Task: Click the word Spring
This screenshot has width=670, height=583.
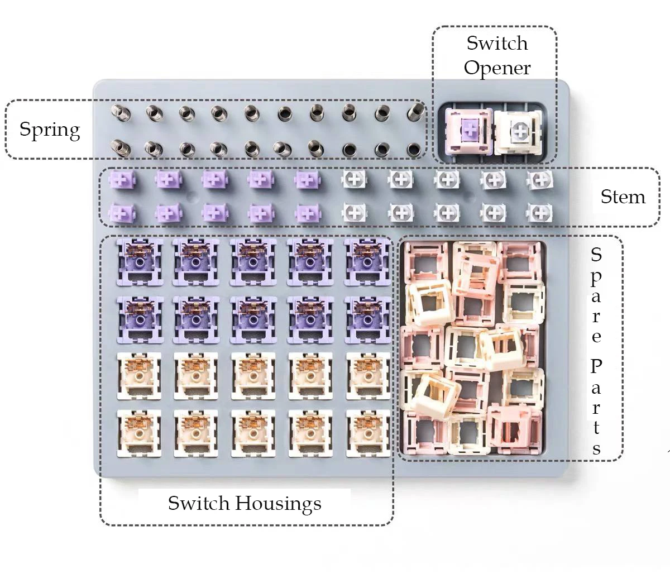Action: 50,130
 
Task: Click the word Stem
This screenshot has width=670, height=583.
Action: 623,197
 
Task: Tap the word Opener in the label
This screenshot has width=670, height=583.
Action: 497,68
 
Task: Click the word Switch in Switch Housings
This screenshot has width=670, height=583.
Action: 199,503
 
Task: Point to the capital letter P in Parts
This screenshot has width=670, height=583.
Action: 596,367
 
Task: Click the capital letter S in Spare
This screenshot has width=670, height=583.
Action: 596,255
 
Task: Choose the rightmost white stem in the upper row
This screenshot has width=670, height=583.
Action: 539,180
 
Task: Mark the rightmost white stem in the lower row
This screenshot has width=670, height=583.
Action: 539,213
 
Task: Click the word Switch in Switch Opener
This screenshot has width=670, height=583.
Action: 497,43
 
